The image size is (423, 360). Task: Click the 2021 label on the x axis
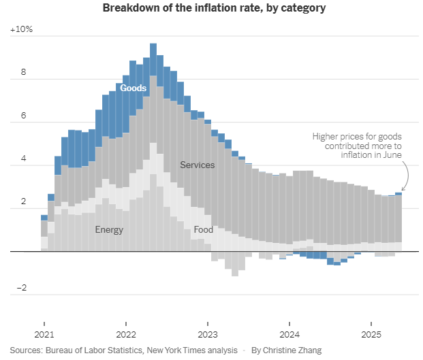pos(44,334)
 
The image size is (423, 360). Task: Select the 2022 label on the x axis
pos(126,334)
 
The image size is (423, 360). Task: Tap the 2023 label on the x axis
pos(207,334)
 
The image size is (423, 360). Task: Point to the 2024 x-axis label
pos(289,334)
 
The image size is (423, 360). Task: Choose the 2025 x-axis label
pos(371,334)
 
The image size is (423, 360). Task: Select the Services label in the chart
pos(198,165)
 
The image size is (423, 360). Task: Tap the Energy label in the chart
pos(109,230)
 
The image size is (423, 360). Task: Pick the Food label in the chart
pos(203,230)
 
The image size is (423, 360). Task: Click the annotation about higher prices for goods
pos(357,146)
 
